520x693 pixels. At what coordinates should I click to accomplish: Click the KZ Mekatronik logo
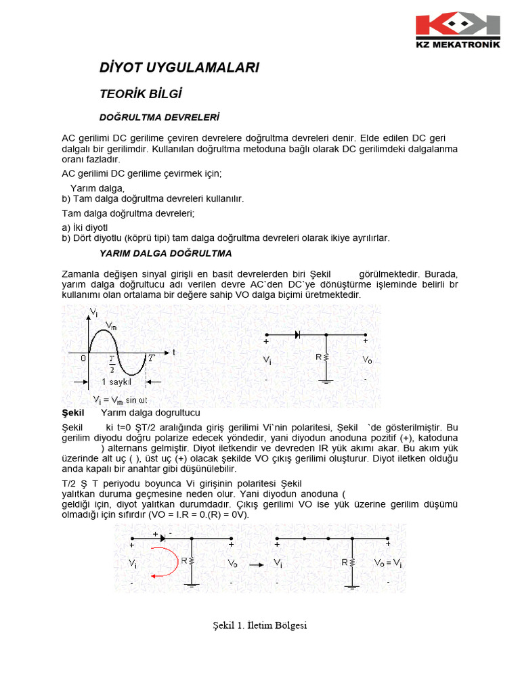(458, 30)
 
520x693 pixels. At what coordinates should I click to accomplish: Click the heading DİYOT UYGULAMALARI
(179, 68)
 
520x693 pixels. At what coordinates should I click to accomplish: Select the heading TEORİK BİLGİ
(141, 93)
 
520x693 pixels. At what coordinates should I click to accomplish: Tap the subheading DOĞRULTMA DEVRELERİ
(159, 117)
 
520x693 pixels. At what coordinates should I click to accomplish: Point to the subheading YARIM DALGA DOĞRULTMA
(166, 253)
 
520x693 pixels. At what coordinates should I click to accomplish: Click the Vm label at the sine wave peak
(112, 325)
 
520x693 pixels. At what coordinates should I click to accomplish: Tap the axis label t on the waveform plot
(174, 353)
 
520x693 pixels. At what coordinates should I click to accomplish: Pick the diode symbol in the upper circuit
(297, 334)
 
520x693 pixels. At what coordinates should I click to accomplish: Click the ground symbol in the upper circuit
(326, 381)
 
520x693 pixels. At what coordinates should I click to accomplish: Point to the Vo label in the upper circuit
(366, 360)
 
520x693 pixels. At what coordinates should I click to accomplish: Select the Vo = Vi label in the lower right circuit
(388, 562)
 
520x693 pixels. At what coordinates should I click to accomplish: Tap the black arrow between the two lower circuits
(256, 563)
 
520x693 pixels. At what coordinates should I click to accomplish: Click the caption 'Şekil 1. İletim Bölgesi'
(259, 625)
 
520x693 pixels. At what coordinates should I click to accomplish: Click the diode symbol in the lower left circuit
(162, 538)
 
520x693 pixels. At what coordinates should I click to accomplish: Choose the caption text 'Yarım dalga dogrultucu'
(150, 412)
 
